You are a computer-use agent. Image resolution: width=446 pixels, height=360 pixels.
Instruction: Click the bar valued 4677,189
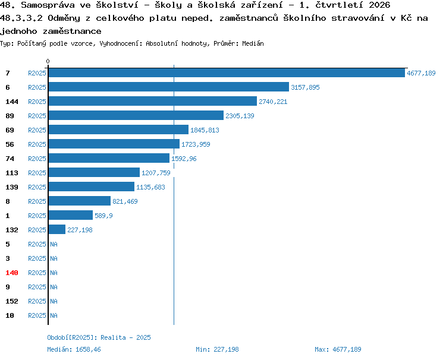click(x=227, y=72)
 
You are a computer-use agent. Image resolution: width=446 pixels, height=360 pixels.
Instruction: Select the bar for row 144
click(x=153, y=101)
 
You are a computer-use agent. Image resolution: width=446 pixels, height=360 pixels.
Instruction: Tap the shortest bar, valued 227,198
click(x=57, y=229)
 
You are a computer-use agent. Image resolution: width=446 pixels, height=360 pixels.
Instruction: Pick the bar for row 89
click(x=136, y=115)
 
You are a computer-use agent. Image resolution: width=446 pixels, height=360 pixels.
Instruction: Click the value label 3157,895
click(x=305, y=87)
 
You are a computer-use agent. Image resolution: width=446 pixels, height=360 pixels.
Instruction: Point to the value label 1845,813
click(x=205, y=130)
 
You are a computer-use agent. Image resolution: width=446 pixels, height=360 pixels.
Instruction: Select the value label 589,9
click(x=103, y=216)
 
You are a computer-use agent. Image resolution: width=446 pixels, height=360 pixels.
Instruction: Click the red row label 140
click(x=12, y=273)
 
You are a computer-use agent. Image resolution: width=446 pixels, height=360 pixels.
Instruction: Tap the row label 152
click(x=12, y=301)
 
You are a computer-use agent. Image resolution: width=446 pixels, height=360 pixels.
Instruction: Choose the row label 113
click(x=12, y=173)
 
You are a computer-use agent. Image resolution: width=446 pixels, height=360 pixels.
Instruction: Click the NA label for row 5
click(x=54, y=244)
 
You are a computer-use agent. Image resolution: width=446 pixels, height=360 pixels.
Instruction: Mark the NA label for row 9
click(x=54, y=287)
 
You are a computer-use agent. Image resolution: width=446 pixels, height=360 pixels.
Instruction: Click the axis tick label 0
click(x=48, y=61)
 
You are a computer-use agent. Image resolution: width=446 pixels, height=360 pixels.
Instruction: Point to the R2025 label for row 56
click(x=37, y=144)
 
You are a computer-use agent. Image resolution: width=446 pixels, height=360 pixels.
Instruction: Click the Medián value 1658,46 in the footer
click(x=88, y=349)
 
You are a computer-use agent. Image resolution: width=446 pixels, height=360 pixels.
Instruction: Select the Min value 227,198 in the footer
click(x=226, y=349)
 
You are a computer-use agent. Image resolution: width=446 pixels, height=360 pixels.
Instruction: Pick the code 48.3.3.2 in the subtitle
click(x=21, y=18)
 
